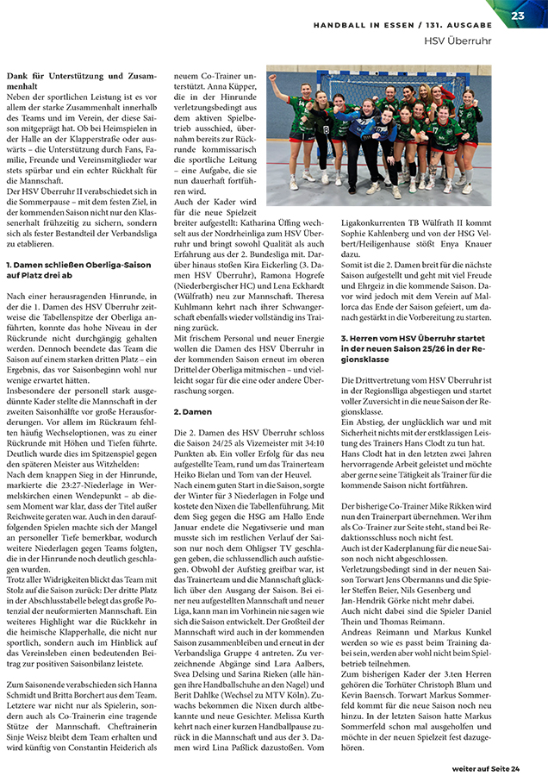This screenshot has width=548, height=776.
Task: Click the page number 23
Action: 518,16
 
